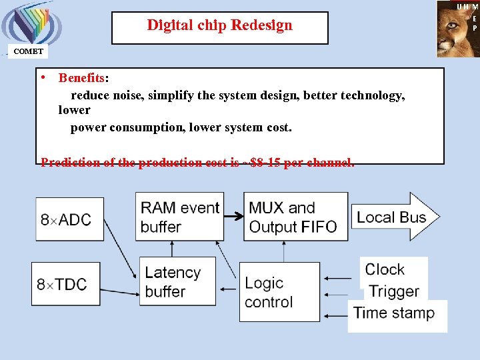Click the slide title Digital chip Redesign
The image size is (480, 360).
[219, 26]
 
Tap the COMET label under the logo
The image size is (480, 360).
[29, 51]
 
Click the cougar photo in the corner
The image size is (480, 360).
[457, 29]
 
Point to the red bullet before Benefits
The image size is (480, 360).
[42, 77]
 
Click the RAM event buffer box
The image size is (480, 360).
[179, 217]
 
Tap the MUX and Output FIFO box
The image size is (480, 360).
[295, 217]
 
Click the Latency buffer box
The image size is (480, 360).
[177, 281]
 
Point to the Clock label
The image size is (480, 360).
[385, 269]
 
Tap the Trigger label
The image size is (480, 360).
[394, 291]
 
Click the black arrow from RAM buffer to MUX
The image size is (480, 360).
[233, 217]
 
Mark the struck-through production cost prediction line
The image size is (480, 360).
[197, 162]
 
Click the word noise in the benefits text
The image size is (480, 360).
[128, 95]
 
